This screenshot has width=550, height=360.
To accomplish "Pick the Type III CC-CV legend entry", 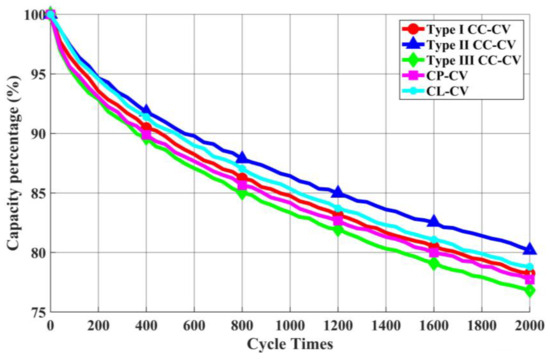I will (475, 61).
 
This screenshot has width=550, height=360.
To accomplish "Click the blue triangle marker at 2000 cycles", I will (529, 249).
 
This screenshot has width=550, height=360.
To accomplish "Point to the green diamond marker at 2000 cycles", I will (529, 290).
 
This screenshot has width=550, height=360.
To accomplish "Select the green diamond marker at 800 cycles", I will (242, 192).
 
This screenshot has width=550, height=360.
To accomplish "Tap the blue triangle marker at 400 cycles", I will (146, 111).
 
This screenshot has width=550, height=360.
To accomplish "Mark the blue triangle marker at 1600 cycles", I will (434, 221).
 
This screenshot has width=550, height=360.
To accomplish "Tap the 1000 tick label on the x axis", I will (290, 326).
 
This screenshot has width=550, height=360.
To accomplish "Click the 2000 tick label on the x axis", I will (529, 326).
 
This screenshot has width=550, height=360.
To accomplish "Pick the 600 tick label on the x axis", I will (194, 326).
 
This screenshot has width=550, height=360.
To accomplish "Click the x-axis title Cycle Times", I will (290, 343).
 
